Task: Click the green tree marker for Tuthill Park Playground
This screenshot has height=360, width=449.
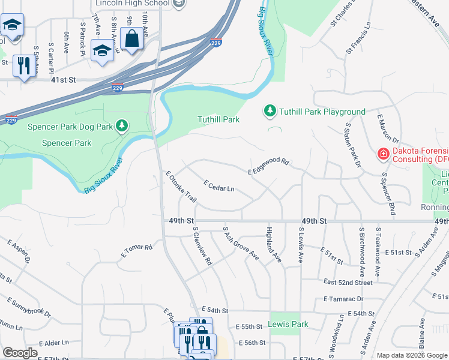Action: (x=270, y=111)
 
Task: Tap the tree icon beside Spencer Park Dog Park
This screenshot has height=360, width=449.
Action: (x=122, y=125)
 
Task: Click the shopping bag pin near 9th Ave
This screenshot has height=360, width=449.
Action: (x=131, y=39)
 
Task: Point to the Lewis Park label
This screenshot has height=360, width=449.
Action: (x=289, y=324)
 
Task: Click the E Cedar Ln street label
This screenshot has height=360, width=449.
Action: (x=218, y=186)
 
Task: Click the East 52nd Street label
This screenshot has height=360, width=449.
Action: (x=348, y=282)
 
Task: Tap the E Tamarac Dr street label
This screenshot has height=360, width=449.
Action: (x=343, y=298)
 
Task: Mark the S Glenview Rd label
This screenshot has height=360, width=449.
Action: (x=202, y=246)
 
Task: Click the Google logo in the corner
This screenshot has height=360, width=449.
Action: (x=20, y=353)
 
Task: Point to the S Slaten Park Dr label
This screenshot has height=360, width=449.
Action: (x=352, y=145)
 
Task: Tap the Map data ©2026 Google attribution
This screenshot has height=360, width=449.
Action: (x=412, y=355)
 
